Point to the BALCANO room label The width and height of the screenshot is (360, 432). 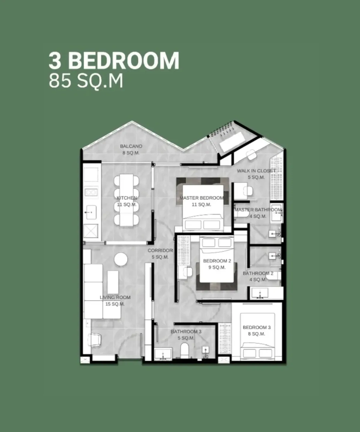coord(131,146)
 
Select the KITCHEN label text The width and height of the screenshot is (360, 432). coord(127,198)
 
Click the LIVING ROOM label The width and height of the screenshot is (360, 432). coord(115,297)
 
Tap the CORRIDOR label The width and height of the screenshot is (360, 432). coord(160,250)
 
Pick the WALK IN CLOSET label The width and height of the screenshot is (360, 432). coord(256,171)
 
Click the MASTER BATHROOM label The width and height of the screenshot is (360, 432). coord(258,210)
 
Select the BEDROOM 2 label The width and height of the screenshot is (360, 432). coord(217,261)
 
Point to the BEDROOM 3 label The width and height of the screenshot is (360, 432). coord(256,327)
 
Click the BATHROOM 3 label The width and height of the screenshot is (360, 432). coord(186,332)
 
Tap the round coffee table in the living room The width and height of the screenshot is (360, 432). coord(121,259)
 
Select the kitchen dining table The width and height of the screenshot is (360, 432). coord(126,200)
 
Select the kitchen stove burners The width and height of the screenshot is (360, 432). coord(91,193)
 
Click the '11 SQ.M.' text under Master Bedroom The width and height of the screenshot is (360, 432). coord(201,205)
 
